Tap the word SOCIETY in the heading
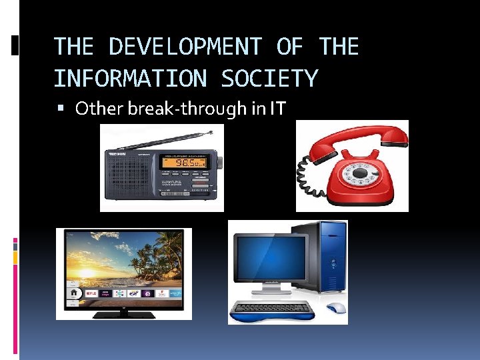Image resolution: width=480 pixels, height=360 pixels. [x=269, y=79]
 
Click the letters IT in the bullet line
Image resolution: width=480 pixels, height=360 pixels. [x=277, y=108]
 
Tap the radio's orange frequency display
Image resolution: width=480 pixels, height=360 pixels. [x=183, y=162]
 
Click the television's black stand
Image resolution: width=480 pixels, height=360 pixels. [x=123, y=313]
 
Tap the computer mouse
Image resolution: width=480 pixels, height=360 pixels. [x=336, y=308]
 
